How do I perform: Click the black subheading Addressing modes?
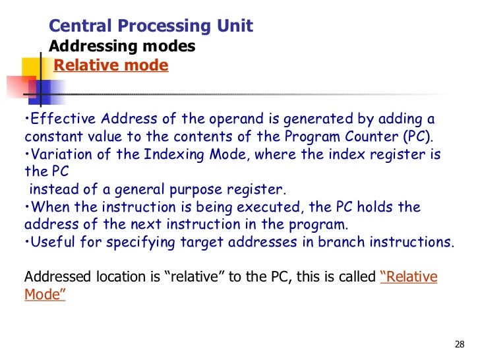(122, 47)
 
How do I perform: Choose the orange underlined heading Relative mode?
(111, 66)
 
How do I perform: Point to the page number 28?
(460, 345)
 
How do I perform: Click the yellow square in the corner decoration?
(33, 69)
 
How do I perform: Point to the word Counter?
(364, 136)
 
